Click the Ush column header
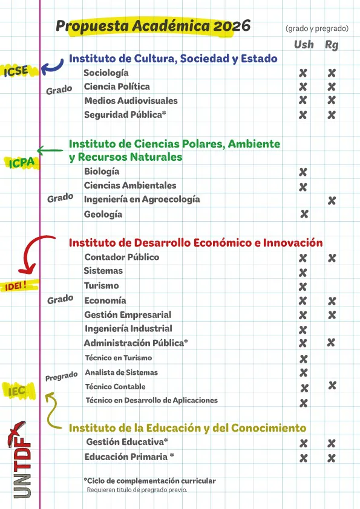tap(304, 45)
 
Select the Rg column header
tap(332, 45)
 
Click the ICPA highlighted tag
tap(22, 162)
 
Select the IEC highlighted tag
tap(18, 391)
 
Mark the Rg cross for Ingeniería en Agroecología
tap(332, 201)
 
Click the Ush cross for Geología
tap(304, 214)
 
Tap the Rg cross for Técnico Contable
tap(332, 385)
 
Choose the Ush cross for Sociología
tap(303, 73)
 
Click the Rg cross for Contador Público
tap(332, 258)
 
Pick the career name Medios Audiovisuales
tap(131, 100)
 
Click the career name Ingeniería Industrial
tap(128, 329)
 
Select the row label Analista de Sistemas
tap(121, 372)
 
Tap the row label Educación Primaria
tap(129, 457)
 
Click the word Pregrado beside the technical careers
tap(61, 377)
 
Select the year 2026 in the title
tap(232, 26)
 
